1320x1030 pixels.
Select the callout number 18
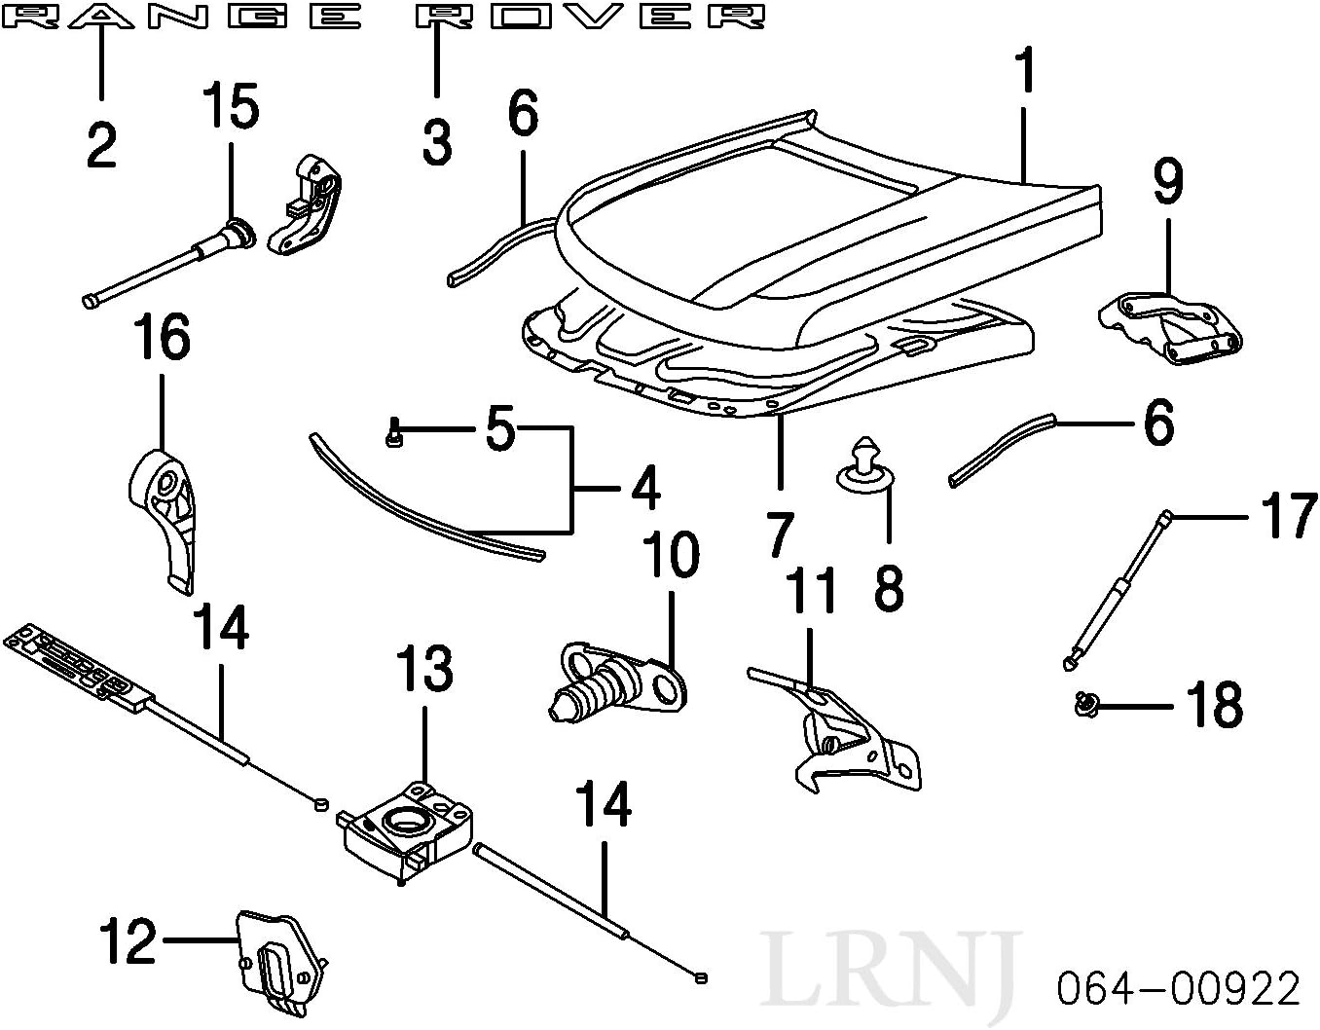click(1214, 704)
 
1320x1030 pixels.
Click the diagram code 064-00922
click(1179, 989)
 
